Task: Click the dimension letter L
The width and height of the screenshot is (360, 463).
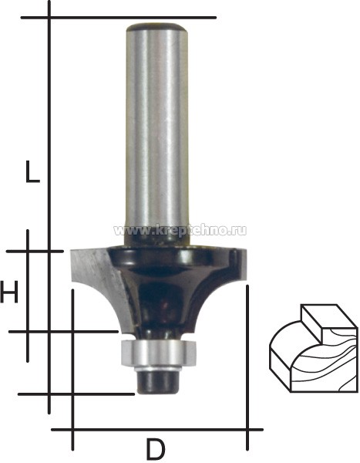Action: point(32,172)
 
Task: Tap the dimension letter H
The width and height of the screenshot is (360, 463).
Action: point(8,292)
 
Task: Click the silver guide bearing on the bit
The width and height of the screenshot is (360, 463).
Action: point(159,353)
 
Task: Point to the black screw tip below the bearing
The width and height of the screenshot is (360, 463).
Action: point(159,381)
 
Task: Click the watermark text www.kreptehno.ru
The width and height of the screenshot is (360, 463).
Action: point(180,230)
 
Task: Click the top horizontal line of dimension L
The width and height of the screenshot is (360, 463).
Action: point(118,18)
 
